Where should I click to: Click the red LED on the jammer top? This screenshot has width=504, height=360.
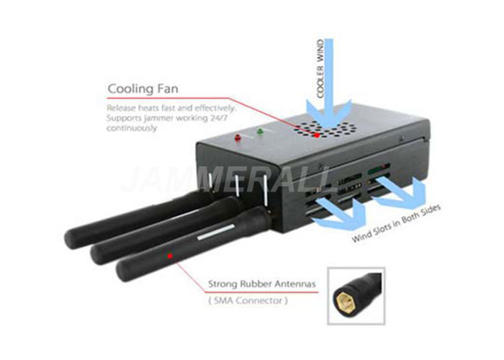pyautogui.click(x=238, y=138)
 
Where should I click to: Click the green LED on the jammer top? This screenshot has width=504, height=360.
pyautogui.click(x=260, y=131)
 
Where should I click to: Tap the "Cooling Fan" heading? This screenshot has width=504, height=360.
pyautogui.click(x=143, y=89)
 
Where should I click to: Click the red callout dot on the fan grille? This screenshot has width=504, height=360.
pyautogui.click(x=317, y=135)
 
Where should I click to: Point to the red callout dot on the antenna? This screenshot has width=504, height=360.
pyautogui.click(x=170, y=256)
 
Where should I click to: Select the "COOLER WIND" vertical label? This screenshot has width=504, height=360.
pyautogui.click(x=320, y=69)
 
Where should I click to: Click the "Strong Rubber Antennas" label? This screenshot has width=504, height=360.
pyautogui.click(x=262, y=284)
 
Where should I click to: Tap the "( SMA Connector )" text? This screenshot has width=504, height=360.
pyautogui.click(x=248, y=301)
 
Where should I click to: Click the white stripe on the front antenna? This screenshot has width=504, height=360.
pyautogui.click(x=216, y=232)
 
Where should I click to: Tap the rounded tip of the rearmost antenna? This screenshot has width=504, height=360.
pyautogui.click(x=70, y=239)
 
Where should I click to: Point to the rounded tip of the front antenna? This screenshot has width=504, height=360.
pyautogui.click(x=122, y=271)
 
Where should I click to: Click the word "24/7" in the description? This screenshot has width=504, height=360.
pyautogui.click(x=219, y=117)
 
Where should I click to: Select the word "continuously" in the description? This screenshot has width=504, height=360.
pyautogui.click(x=132, y=128)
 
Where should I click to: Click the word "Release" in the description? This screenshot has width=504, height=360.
pyautogui.click(x=121, y=107)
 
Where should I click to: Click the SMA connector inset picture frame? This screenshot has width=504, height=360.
pyautogui.click(x=356, y=296)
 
